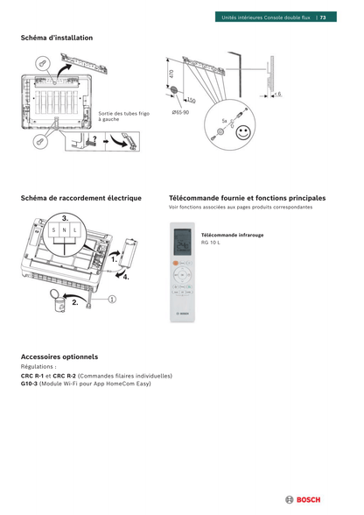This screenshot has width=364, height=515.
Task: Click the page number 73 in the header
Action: click(x=323, y=18)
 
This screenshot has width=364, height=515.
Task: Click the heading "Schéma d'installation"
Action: click(x=57, y=38)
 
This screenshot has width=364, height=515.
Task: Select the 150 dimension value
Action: click(x=192, y=102)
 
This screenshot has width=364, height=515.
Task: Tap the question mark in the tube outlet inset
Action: click(x=94, y=137)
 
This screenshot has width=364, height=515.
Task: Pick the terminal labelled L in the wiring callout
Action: click(x=75, y=230)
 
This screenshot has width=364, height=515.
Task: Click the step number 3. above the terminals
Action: click(x=66, y=216)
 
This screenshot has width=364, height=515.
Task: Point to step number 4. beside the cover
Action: click(x=126, y=277)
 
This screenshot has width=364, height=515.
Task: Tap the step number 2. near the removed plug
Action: click(x=75, y=303)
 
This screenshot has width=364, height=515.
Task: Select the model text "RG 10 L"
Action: click(x=211, y=242)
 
